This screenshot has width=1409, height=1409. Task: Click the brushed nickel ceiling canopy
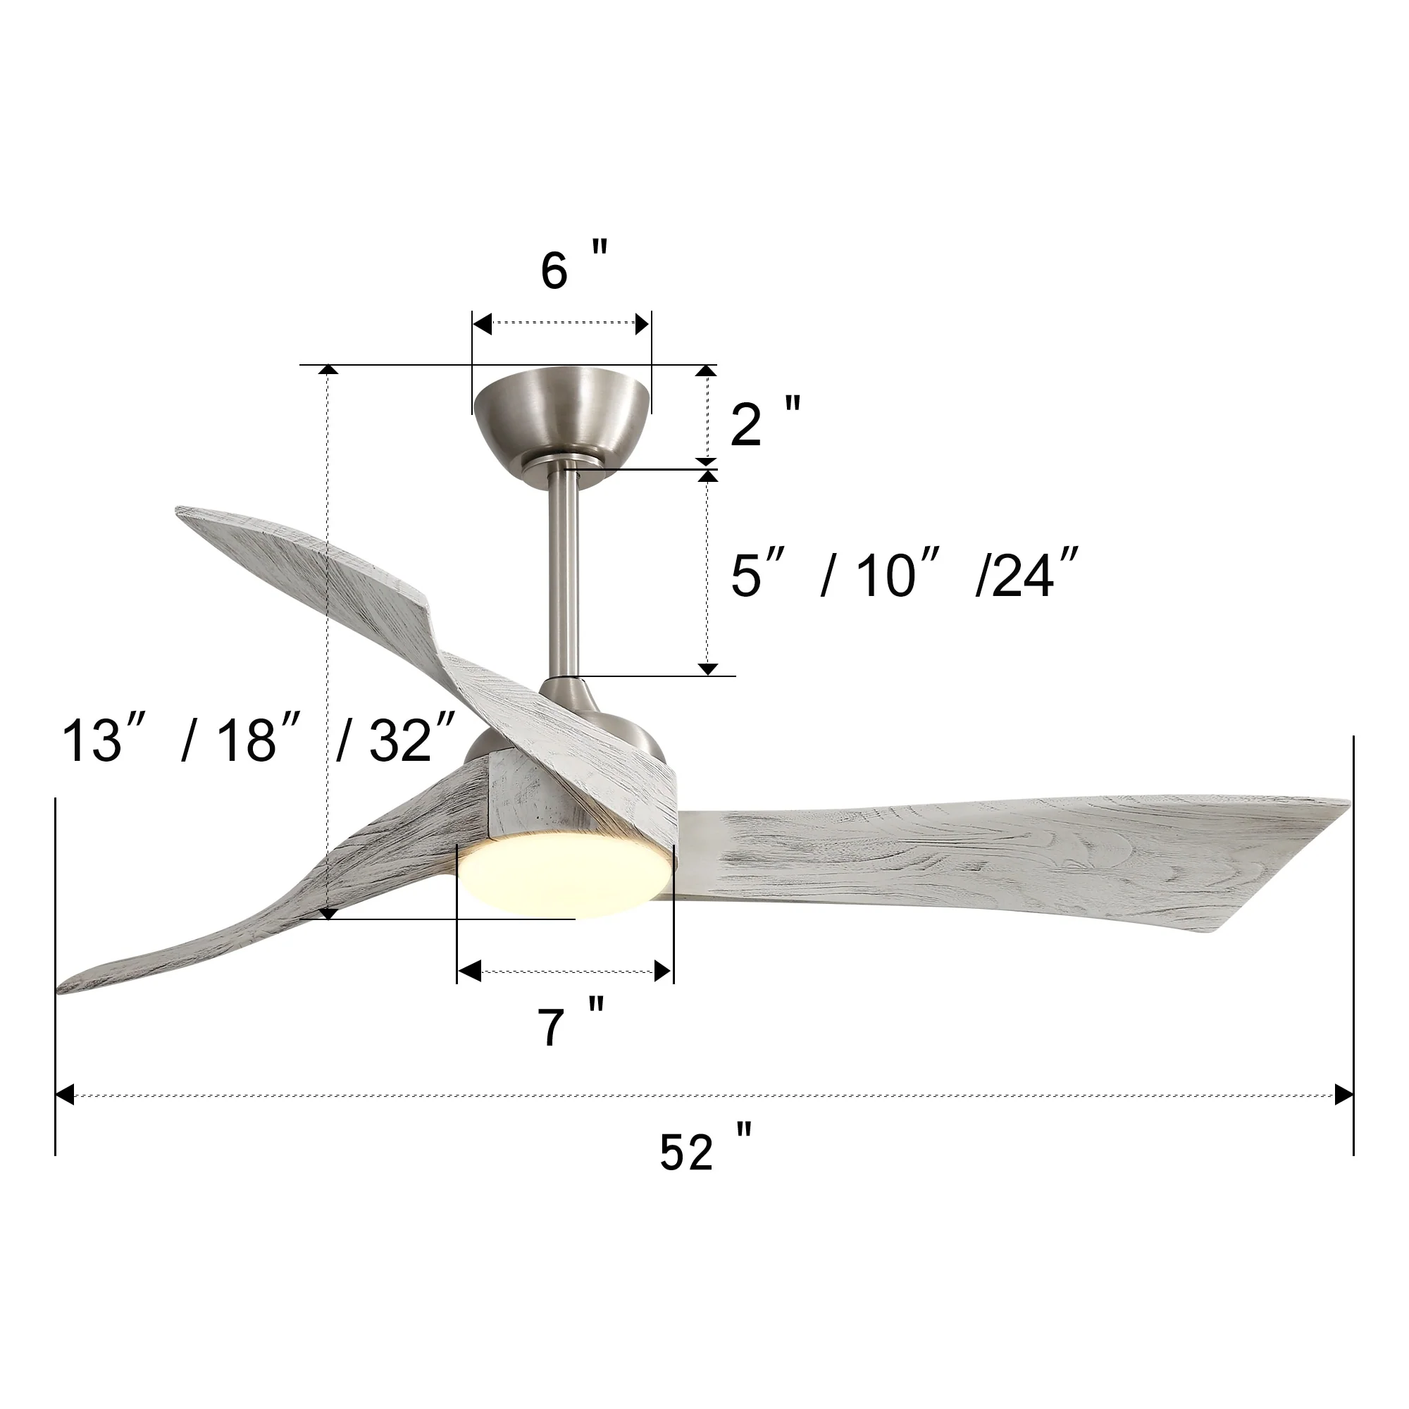(x=561, y=419)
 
